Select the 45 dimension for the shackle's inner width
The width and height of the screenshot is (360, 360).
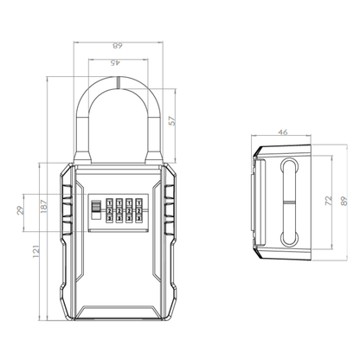click(x=117, y=61)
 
